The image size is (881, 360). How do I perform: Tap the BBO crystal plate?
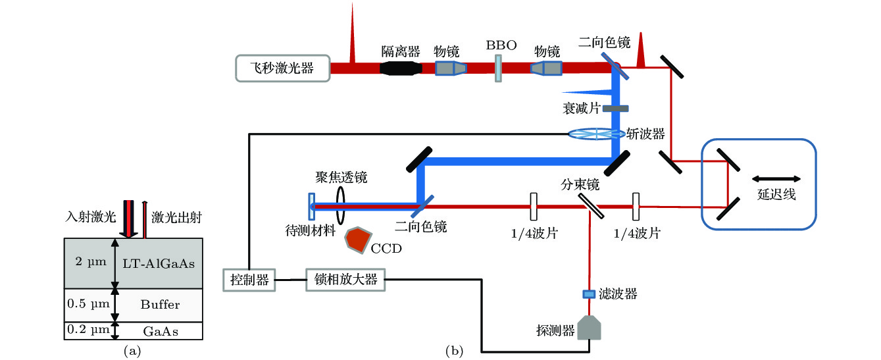[498, 68]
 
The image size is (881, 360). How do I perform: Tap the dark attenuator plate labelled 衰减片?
[616, 108]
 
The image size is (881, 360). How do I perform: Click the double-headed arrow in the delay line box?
[776, 178]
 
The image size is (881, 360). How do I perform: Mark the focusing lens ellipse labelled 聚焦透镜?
[341, 205]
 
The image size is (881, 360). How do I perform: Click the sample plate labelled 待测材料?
[311, 205]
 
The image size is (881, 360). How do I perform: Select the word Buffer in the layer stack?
[159, 305]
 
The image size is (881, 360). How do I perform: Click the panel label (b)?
[454, 350]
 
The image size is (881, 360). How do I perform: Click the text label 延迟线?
[776, 195]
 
